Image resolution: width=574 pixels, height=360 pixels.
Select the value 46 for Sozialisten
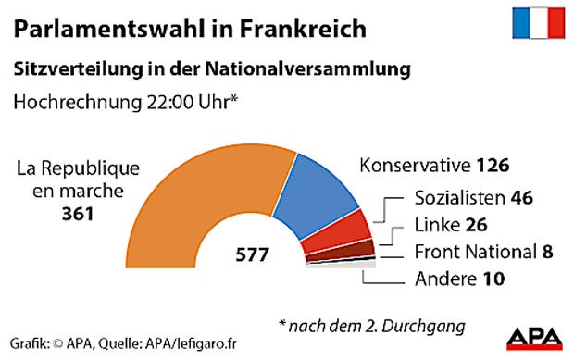(x=525, y=198)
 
